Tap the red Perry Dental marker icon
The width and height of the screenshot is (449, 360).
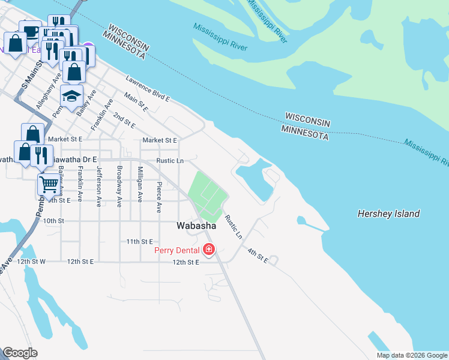(209, 249)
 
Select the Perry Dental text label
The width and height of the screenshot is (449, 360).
(177, 250)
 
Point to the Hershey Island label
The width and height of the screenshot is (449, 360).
(388, 214)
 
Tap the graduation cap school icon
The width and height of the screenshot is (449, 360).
(71, 96)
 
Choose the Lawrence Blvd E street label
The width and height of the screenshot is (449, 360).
(148, 88)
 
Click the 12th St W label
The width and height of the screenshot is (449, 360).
(31, 262)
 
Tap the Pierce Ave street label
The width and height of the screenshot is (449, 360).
(159, 197)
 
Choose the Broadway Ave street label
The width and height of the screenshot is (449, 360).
(119, 186)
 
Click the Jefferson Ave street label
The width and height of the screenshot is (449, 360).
(99, 186)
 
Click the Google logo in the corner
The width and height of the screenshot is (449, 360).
(20, 353)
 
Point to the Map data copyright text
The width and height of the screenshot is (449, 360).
(411, 355)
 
